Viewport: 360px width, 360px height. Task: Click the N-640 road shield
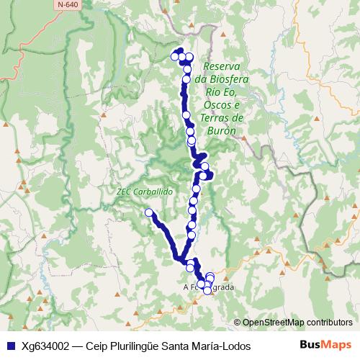(x=70, y=5)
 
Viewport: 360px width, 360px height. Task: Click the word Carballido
(x=153, y=193)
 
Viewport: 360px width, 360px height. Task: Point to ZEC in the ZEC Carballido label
(x=124, y=193)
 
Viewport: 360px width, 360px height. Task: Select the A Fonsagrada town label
(x=209, y=287)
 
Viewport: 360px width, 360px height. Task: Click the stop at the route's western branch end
(x=149, y=212)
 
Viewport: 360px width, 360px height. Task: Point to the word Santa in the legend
(x=176, y=346)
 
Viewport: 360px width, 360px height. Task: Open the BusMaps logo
(x=325, y=345)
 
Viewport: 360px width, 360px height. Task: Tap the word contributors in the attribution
(x=331, y=322)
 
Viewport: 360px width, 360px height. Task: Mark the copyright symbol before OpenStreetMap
(x=237, y=322)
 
